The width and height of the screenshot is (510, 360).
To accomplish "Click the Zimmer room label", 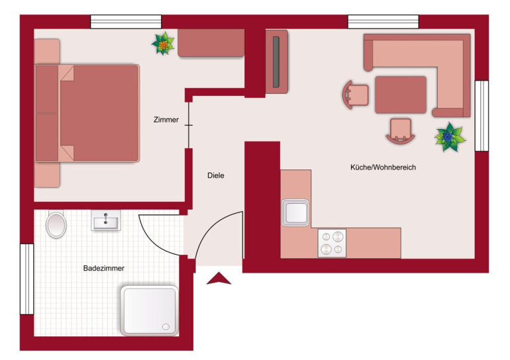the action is coord(166,120).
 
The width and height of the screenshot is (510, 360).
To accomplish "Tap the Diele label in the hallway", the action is coord(216,175).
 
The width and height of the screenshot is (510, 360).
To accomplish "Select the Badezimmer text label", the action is coord(104,269).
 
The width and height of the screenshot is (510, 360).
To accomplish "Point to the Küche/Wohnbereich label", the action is coord(383,167).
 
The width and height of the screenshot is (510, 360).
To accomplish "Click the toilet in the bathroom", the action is coord(56,224).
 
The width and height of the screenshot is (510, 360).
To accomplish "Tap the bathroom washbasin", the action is coord(106,220).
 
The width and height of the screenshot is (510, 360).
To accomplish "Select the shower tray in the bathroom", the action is coord(150,310).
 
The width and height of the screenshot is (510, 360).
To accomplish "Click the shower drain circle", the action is coord(166,326).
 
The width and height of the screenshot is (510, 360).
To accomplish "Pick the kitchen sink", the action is coord(295,212).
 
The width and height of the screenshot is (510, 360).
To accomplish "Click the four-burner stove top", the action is coord(332,243).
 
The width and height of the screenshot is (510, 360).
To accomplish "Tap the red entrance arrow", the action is coord(219,279).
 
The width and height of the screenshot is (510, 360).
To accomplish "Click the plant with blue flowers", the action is coord(450,137).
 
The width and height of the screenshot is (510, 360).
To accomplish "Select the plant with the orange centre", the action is coord(164,44).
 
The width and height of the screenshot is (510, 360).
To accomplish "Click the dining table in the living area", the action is coord(401,95).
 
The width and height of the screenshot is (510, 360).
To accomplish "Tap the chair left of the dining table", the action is coord(355,95).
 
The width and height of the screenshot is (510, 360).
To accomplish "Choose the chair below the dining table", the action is coord(401,131).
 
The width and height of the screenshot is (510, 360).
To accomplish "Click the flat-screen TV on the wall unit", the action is coord(276,62).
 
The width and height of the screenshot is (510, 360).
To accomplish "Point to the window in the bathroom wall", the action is coord(27,279).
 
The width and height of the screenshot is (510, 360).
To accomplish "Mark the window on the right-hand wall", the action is coord(482,116).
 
